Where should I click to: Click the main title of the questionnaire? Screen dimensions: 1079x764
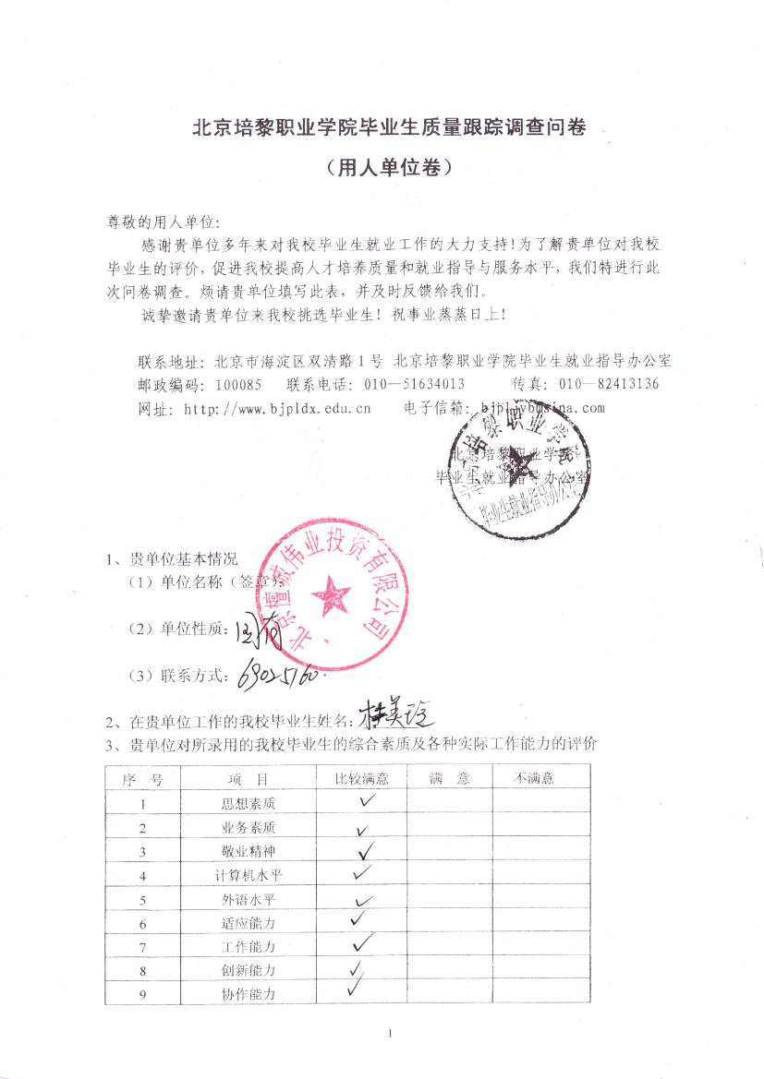coord(388,128)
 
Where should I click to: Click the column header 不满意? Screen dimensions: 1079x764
coord(534,779)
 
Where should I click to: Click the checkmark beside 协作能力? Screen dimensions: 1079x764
coord(356,989)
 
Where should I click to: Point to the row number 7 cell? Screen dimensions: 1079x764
coord(143,947)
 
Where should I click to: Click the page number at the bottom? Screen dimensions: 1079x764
coord(391,1033)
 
